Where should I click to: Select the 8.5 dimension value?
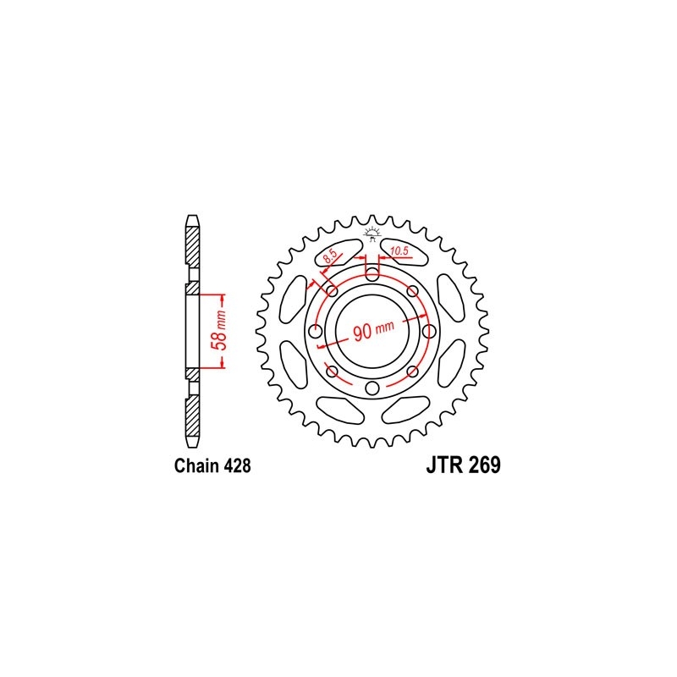point(332,252)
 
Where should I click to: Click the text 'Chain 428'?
point(212,466)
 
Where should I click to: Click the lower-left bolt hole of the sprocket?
point(332,372)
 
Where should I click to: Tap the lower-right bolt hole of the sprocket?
point(413,372)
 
